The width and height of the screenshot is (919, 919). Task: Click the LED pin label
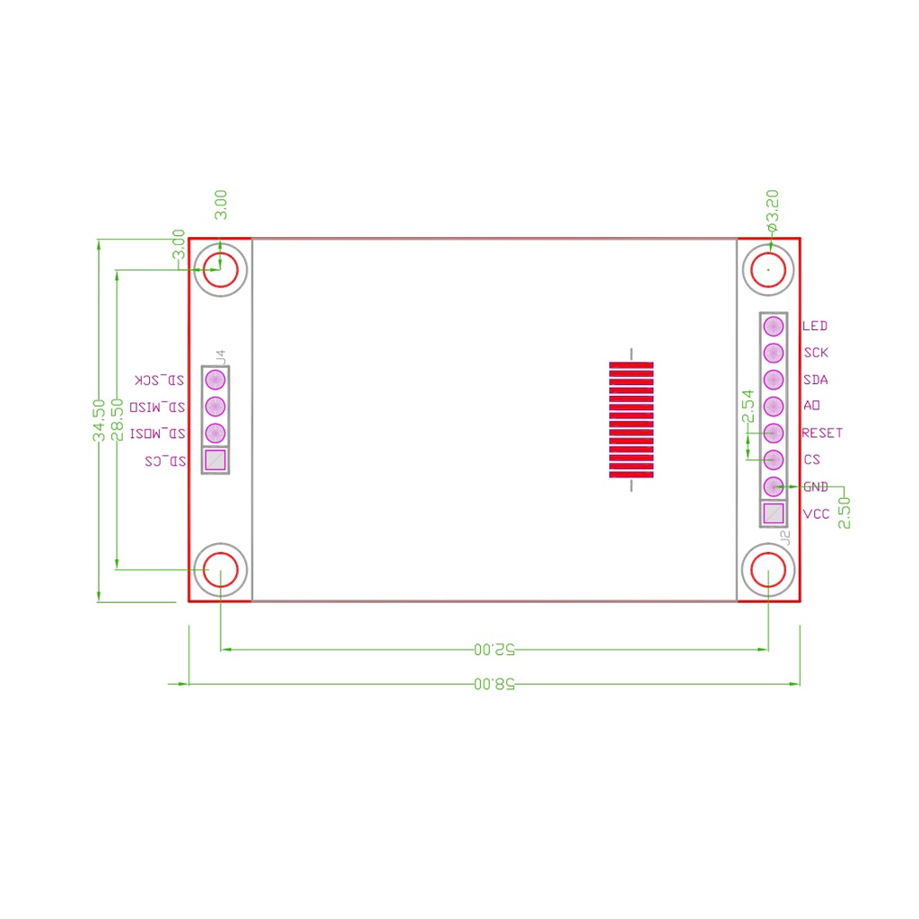click(815, 326)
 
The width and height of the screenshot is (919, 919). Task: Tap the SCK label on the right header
click(816, 353)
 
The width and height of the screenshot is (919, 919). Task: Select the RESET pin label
click(822, 433)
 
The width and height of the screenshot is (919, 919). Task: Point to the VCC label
click(816, 514)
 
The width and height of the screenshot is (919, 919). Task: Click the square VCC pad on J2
click(774, 513)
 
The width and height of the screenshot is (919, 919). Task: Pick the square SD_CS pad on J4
click(215, 460)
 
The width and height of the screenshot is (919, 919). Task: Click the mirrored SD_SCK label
click(161, 380)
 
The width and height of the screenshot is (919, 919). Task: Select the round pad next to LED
click(774, 326)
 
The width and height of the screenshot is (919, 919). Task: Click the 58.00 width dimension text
click(495, 684)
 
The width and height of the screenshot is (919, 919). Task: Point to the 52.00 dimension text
click(495, 648)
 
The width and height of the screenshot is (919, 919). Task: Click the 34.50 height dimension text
click(100, 420)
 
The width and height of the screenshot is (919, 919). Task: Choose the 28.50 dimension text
click(117, 420)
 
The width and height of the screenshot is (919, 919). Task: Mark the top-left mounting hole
click(221, 267)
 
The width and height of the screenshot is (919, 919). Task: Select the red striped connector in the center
click(631, 420)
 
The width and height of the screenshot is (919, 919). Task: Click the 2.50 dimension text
click(844, 512)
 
